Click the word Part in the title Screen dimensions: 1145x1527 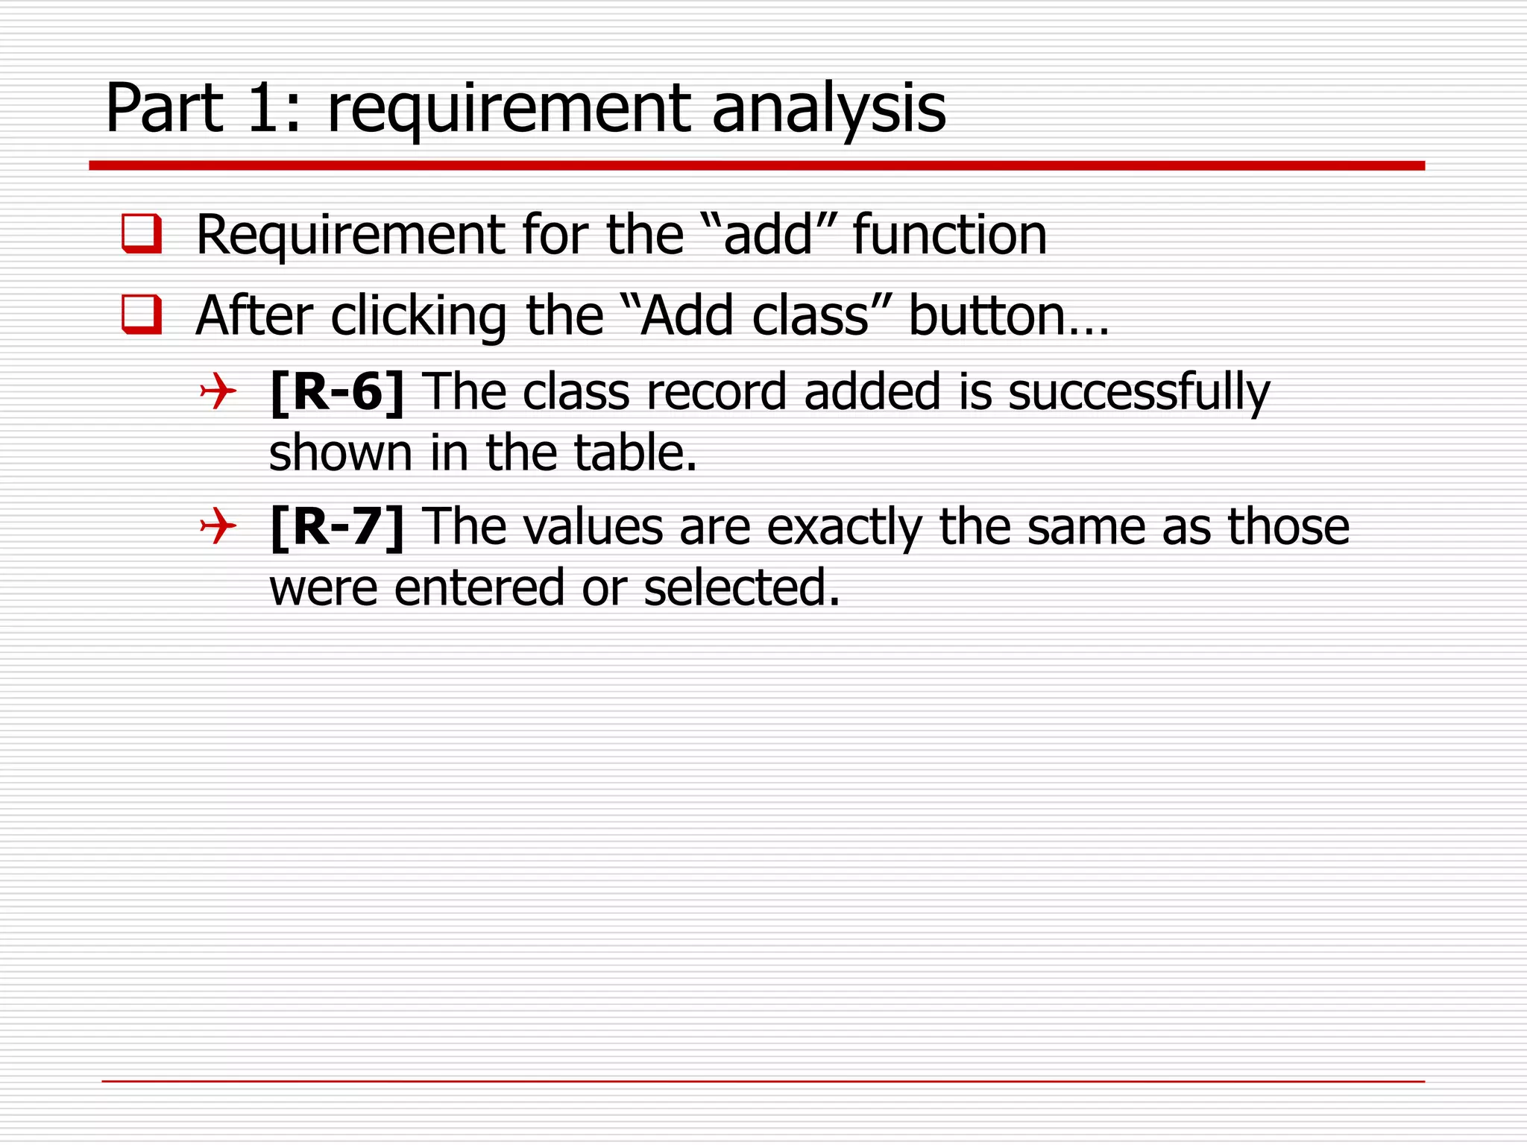tap(165, 109)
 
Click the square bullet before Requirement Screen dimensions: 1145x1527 tap(142, 234)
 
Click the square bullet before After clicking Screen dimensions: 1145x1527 tap(142, 315)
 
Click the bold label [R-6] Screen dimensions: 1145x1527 tap(337, 392)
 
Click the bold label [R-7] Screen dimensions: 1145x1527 tap(337, 527)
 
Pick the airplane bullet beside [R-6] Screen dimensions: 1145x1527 tap(218, 391)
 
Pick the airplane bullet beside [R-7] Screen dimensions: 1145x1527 tap(218, 526)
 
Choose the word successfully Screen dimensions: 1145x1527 tap(1139, 394)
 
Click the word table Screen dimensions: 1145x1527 tap(635, 453)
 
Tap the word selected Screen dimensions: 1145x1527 tap(741, 588)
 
